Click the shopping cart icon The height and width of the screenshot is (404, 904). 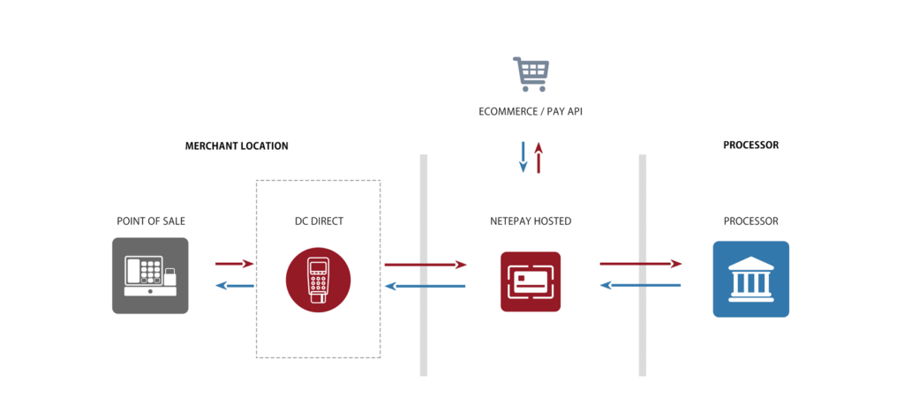(x=531, y=74)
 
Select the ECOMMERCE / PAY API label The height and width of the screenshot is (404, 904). (x=531, y=112)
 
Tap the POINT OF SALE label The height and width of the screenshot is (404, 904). (x=151, y=221)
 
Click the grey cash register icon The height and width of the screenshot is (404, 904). (x=150, y=275)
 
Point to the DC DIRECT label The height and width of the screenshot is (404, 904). (x=319, y=221)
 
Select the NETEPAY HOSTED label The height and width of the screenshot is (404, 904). (x=531, y=221)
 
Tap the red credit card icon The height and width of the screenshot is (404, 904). (x=531, y=281)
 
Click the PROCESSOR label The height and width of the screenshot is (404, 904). (x=750, y=221)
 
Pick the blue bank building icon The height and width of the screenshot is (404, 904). (x=750, y=279)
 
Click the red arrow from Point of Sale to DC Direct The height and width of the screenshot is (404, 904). (x=235, y=264)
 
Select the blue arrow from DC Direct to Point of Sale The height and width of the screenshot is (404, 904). (x=235, y=286)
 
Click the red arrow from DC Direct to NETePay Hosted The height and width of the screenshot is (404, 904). (x=425, y=264)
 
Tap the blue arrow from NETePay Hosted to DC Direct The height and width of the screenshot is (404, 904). (x=425, y=286)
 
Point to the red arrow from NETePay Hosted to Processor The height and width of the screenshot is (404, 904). (x=641, y=264)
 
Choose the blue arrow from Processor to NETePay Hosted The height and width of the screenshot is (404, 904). (x=641, y=286)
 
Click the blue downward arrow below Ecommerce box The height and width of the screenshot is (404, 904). (x=523, y=156)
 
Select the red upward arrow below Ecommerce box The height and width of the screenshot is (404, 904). (x=539, y=156)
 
